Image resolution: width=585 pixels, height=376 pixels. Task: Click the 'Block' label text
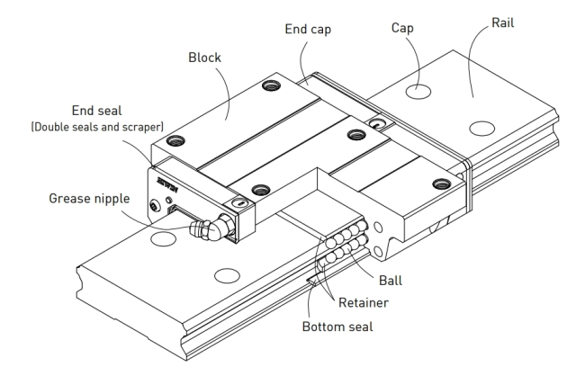click(x=204, y=58)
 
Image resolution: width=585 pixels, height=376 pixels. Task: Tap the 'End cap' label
click(x=308, y=30)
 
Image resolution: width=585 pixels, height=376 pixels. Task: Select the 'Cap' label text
click(x=402, y=29)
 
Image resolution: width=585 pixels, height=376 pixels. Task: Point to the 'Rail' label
click(x=502, y=22)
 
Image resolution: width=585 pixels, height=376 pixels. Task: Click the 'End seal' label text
click(x=96, y=111)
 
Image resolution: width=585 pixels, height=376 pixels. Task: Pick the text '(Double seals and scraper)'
click(x=97, y=127)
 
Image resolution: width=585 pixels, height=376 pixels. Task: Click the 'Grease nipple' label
click(x=89, y=199)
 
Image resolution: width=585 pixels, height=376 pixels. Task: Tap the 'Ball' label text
click(x=391, y=281)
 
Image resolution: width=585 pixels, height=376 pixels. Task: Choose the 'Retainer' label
click(x=363, y=302)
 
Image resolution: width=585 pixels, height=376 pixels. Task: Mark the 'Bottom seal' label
click(x=337, y=327)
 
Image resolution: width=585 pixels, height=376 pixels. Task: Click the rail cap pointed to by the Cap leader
click(x=418, y=92)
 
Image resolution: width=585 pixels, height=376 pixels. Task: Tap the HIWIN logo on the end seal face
click(x=167, y=183)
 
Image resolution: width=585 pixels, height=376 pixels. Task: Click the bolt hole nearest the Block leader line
click(x=271, y=85)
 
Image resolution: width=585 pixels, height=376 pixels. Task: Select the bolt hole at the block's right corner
click(x=441, y=184)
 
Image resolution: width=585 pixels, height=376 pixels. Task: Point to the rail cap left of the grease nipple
click(x=163, y=238)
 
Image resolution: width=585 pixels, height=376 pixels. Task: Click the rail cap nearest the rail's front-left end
click(x=227, y=275)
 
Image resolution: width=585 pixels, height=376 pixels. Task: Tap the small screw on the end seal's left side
click(x=154, y=205)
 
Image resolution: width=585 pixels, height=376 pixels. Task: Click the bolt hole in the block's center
click(x=356, y=134)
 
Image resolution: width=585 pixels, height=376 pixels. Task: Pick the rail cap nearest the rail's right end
click(x=481, y=129)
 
